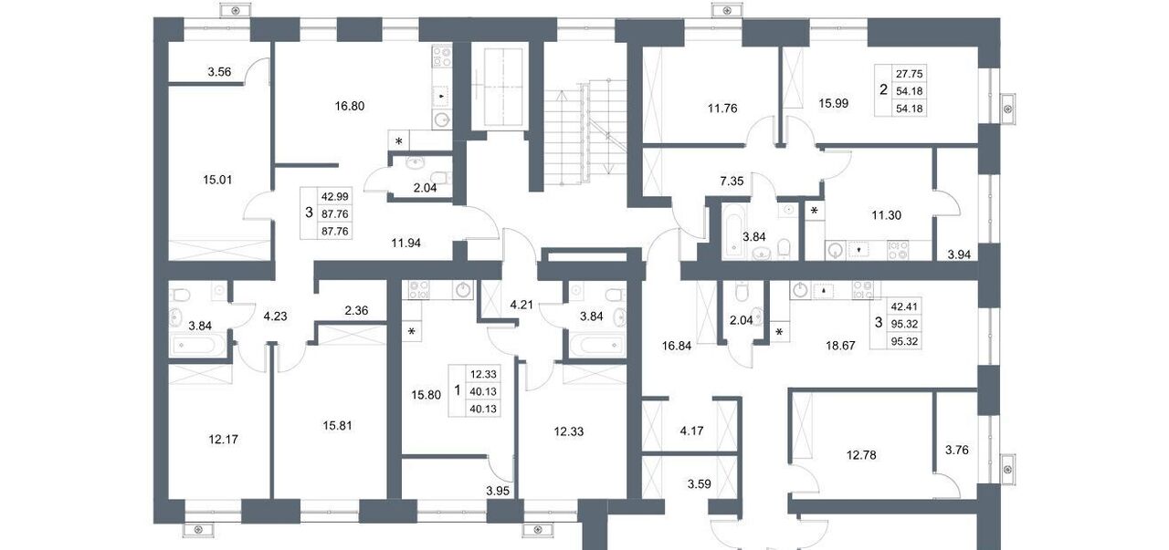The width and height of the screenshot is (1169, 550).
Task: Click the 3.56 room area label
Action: (x=219, y=72)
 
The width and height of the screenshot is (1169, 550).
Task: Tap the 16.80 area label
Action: (x=350, y=107)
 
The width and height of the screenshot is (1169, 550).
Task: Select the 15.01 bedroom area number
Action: (x=217, y=180)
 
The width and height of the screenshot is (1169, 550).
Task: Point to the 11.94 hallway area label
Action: (x=406, y=243)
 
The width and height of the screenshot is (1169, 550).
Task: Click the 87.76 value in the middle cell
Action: (x=334, y=213)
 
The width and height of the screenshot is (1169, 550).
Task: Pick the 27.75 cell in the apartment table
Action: (x=909, y=74)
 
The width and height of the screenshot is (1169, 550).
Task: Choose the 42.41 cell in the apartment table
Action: (x=904, y=306)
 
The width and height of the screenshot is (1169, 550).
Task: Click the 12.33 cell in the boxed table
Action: (x=483, y=374)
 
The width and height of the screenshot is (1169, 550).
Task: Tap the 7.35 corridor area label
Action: (x=732, y=182)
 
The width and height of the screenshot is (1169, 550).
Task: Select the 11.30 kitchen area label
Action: (x=887, y=214)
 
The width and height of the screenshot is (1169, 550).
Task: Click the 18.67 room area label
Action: (x=840, y=346)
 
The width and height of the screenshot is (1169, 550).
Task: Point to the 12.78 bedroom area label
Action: (x=861, y=455)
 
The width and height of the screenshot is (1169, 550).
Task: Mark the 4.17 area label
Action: (x=691, y=431)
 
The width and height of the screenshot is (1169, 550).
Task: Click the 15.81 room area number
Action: (x=337, y=426)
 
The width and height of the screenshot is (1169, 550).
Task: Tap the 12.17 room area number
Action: (x=224, y=440)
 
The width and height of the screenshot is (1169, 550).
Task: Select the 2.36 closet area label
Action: (x=356, y=311)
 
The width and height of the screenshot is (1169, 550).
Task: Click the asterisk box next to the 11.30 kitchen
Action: (x=814, y=211)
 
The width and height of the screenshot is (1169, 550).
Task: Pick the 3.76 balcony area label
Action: (x=957, y=450)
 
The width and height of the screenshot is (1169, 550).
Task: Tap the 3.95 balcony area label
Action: (x=498, y=491)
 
